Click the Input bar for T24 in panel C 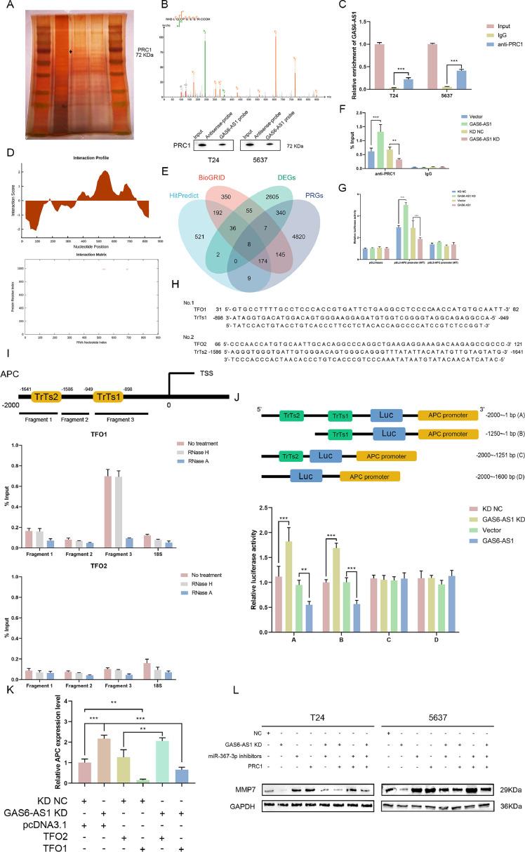379,67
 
